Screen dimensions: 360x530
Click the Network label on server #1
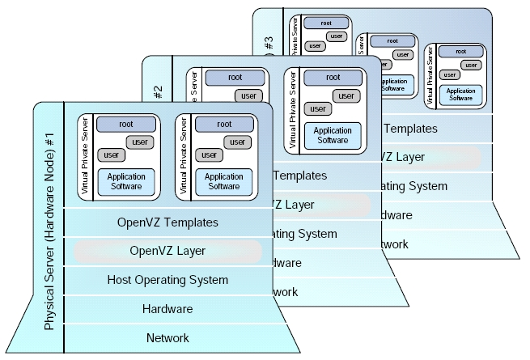pyautogui.click(x=167, y=337)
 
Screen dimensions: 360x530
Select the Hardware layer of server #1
pyautogui.click(x=167, y=309)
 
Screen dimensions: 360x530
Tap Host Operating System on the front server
pyautogui.click(x=167, y=280)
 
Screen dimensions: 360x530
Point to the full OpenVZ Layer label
pyautogui.click(x=167, y=251)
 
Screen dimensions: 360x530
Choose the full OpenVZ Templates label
pyautogui.click(x=167, y=222)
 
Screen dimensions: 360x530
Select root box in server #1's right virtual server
pyautogui.click(x=224, y=125)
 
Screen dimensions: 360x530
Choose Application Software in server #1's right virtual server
pyautogui.click(x=224, y=181)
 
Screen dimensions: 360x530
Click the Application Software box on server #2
pyautogui.click(x=333, y=134)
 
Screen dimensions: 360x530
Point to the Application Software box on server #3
pyautogui.click(x=460, y=91)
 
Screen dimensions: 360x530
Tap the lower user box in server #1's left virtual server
pyautogui.click(x=112, y=155)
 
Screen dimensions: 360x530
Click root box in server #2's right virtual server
pyautogui.click(x=333, y=78)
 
